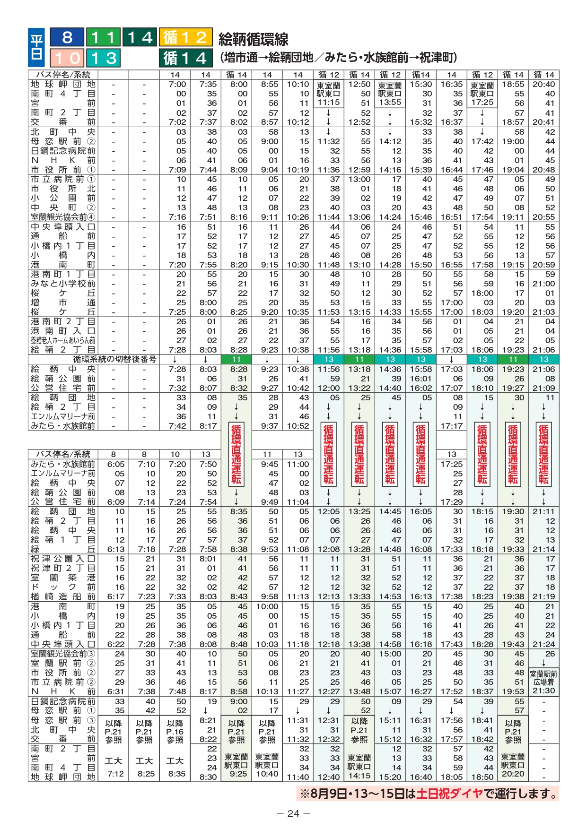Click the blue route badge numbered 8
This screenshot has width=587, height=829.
(67, 37)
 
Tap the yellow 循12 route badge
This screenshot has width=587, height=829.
(185, 37)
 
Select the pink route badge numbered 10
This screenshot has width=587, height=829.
(67, 58)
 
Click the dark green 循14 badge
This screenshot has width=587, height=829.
(185, 58)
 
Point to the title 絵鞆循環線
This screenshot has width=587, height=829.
(254, 39)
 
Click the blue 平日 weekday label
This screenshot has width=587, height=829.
(36, 47)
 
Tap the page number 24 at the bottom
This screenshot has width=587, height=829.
(293, 813)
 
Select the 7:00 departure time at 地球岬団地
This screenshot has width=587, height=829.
(177, 84)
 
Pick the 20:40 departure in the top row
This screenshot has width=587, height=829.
(543, 84)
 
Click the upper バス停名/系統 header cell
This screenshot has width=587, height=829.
(63, 75)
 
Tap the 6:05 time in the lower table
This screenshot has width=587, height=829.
(116, 464)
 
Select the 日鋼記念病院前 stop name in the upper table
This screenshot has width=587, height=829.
(63, 151)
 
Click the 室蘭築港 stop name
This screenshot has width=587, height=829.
(63, 578)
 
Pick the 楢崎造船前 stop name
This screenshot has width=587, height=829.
(63, 596)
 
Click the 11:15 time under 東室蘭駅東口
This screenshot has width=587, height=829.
(328, 102)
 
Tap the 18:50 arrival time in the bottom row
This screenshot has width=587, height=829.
(482, 777)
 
